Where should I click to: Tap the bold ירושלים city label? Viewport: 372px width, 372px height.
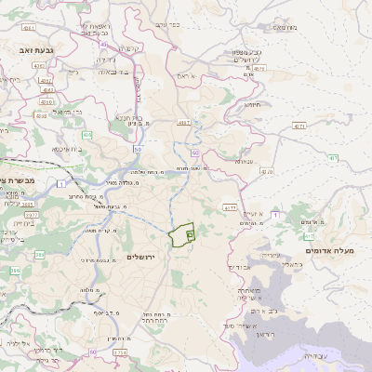(144, 256)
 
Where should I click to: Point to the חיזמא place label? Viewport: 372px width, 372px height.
(252, 105)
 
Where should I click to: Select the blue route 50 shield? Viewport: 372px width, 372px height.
(137, 149)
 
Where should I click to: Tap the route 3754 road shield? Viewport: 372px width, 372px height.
(120, 352)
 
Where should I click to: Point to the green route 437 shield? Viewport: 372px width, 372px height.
(332, 159)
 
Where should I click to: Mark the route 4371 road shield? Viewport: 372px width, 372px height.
(299, 124)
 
